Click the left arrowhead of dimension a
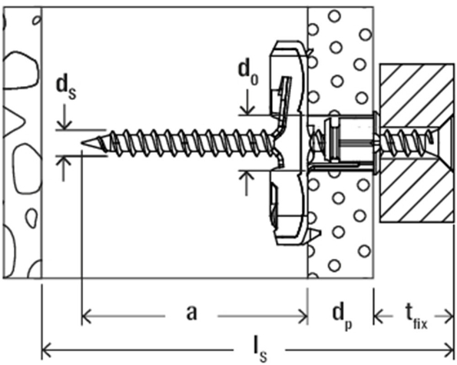86,313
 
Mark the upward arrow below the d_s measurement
66,162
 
